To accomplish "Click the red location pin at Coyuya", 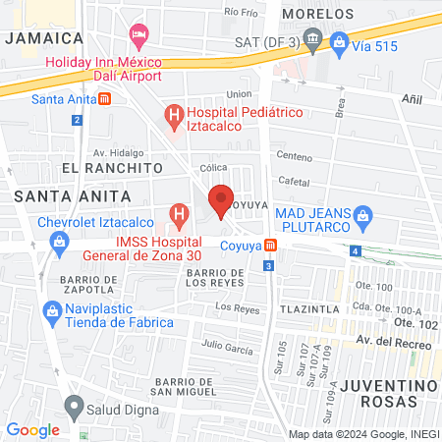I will tap(221, 197).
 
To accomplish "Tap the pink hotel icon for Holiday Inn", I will tap(138, 35).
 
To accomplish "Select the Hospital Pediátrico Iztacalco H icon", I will tap(175, 118).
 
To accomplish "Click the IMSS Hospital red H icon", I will tap(179, 213).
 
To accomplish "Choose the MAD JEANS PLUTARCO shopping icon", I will tap(361, 213).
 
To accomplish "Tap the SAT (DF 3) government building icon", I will tap(312, 41).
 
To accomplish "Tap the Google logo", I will tap(32, 429).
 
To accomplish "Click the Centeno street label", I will tap(294, 156).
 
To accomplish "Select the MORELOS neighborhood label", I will tap(316, 15).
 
